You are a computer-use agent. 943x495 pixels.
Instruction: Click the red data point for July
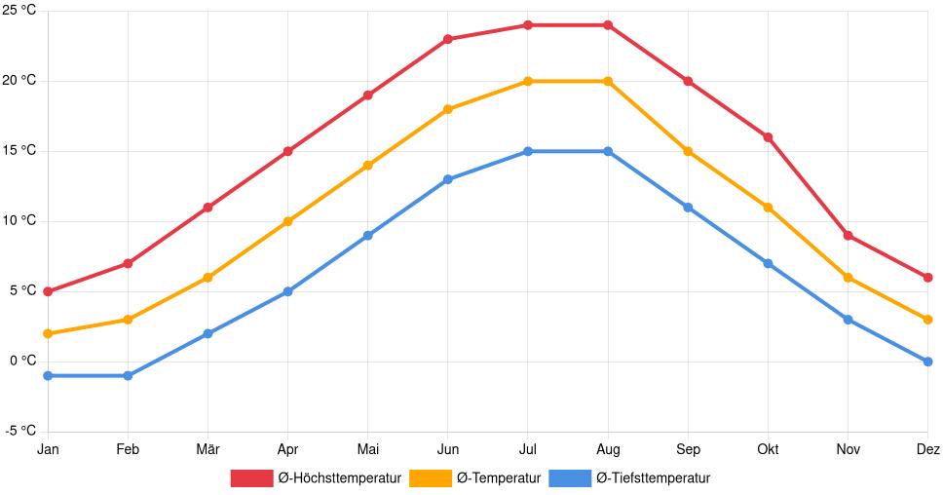point(528,25)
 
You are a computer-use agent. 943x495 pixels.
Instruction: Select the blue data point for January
point(48,375)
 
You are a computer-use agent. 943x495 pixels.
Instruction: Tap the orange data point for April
point(287,221)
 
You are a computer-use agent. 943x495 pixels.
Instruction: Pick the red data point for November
point(849,236)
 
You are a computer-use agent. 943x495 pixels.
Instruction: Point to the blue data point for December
point(927,362)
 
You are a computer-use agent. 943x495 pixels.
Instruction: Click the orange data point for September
point(688,151)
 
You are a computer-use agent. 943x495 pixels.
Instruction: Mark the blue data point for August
point(608,151)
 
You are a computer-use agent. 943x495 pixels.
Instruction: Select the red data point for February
point(128,263)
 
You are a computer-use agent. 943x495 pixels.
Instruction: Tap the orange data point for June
point(448,109)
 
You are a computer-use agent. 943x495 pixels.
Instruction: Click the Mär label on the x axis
point(207,449)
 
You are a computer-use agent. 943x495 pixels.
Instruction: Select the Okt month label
point(768,449)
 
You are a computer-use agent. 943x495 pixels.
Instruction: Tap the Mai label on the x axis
point(367,449)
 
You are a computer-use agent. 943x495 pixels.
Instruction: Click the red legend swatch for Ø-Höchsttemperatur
point(251,477)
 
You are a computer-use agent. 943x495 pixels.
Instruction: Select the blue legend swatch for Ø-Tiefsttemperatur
point(570,477)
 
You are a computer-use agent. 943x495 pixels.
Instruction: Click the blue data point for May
point(367,235)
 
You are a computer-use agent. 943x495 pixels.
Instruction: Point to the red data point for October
point(768,137)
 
